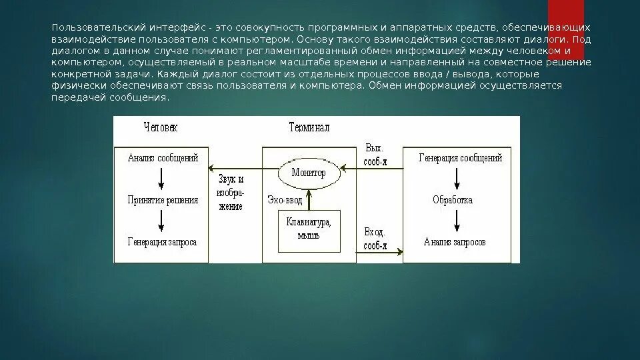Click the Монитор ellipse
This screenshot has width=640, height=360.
pyautogui.click(x=308, y=173)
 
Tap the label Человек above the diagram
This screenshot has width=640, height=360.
pyautogui.click(x=161, y=127)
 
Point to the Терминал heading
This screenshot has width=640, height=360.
pyautogui.click(x=309, y=127)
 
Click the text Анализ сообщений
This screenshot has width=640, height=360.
pyautogui.click(x=163, y=159)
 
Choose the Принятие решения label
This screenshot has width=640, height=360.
pyautogui.click(x=163, y=200)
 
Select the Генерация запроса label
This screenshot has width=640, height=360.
pyautogui.click(x=162, y=241)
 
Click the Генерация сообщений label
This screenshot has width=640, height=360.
pyautogui.click(x=460, y=158)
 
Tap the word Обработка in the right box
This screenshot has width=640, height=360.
pyautogui.click(x=453, y=199)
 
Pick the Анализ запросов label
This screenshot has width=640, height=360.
pyautogui.click(x=455, y=241)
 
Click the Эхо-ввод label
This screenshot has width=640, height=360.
pyautogui.click(x=284, y=199)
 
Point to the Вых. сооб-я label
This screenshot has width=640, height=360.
pyautogui.click(x=375, y=155)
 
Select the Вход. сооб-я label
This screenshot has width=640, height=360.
pyautogui.click(x=375, y=238)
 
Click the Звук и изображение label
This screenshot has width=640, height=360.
pyautogui.click(x=231, y=193)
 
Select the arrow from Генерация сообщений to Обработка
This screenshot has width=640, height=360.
pyautogui.click(x=455, y=179)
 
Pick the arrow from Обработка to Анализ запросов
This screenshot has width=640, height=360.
pyautogui.click(x=455, y=220)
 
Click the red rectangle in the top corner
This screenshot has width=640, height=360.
pyautogui.click(x=565, y=18)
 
